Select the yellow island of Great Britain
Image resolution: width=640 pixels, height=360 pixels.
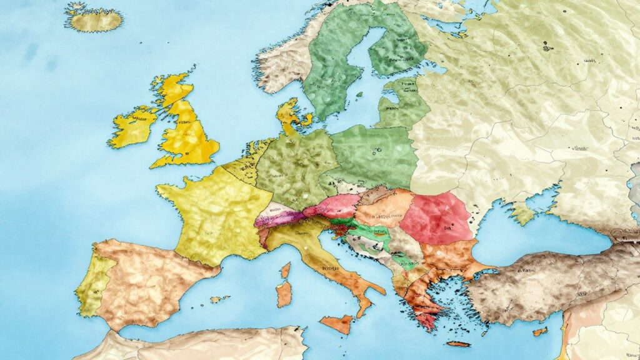187,134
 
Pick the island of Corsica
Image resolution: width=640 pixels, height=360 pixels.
286,271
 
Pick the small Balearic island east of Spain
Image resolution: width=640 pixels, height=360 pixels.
219,299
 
